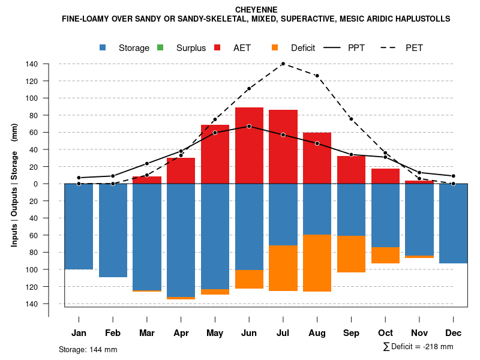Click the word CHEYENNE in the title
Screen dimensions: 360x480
(256, 10)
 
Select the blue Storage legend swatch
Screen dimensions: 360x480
(104, 48)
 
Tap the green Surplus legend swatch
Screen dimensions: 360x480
(160, 48)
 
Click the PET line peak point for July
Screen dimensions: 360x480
(283, 64)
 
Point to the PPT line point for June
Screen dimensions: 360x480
(249, 126)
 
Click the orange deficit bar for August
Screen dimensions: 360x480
(317, 263)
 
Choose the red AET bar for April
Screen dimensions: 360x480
(181, 170)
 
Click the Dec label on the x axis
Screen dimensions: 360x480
(453, 333)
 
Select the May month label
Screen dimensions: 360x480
(215, 333)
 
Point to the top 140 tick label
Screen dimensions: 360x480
(32, 64)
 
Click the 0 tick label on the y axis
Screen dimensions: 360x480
(36, 184)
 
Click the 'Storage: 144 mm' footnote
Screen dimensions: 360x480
(88, 349)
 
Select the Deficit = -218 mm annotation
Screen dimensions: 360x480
(418, 347)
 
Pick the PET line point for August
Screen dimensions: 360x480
(317, 76)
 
